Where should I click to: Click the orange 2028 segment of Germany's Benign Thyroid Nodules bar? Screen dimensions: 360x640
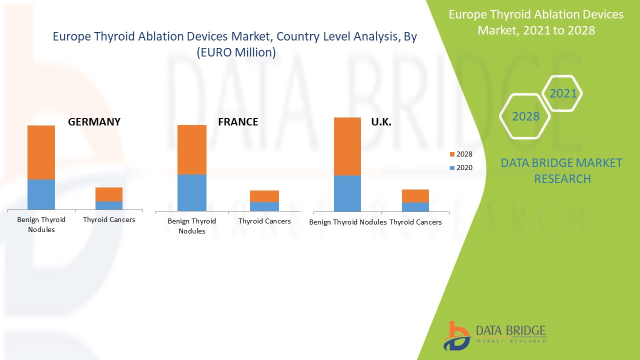tap(41, 152)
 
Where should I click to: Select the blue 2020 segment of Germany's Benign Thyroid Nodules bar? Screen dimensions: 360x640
tap(41, 194)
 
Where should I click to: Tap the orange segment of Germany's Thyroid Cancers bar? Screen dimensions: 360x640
tap(109, 194)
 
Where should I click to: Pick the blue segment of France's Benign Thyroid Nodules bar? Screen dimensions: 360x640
tap(192, 192)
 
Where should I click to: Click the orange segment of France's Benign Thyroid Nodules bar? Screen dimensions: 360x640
tap(192, 149)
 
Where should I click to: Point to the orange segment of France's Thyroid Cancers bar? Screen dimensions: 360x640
tap(264, 196)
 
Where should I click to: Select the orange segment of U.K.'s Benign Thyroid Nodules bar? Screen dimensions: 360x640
tap(347, 146)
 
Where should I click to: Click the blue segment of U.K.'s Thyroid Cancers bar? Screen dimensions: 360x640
tap(415, 206)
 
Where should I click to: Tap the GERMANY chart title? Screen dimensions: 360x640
tap(94, 121)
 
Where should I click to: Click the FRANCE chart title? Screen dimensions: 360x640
tap(238, 121)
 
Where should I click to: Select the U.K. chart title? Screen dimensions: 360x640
tap(381, 121)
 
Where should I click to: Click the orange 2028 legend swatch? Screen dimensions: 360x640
tap(452, 154)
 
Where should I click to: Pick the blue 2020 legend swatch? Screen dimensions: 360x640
tap(452, 168)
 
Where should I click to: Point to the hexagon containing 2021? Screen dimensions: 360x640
tap(563, 93)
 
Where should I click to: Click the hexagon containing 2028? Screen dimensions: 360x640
tap(525, 116)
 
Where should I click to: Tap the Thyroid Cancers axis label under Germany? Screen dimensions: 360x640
tap(109, 219)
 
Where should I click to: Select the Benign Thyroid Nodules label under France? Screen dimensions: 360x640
tap(192, 225)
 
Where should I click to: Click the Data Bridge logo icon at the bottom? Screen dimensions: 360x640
tap(456, 335)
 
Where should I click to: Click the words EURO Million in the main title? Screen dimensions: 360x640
tap(236, 52)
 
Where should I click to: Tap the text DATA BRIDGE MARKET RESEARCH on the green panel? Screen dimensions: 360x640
tap(561, 170)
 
